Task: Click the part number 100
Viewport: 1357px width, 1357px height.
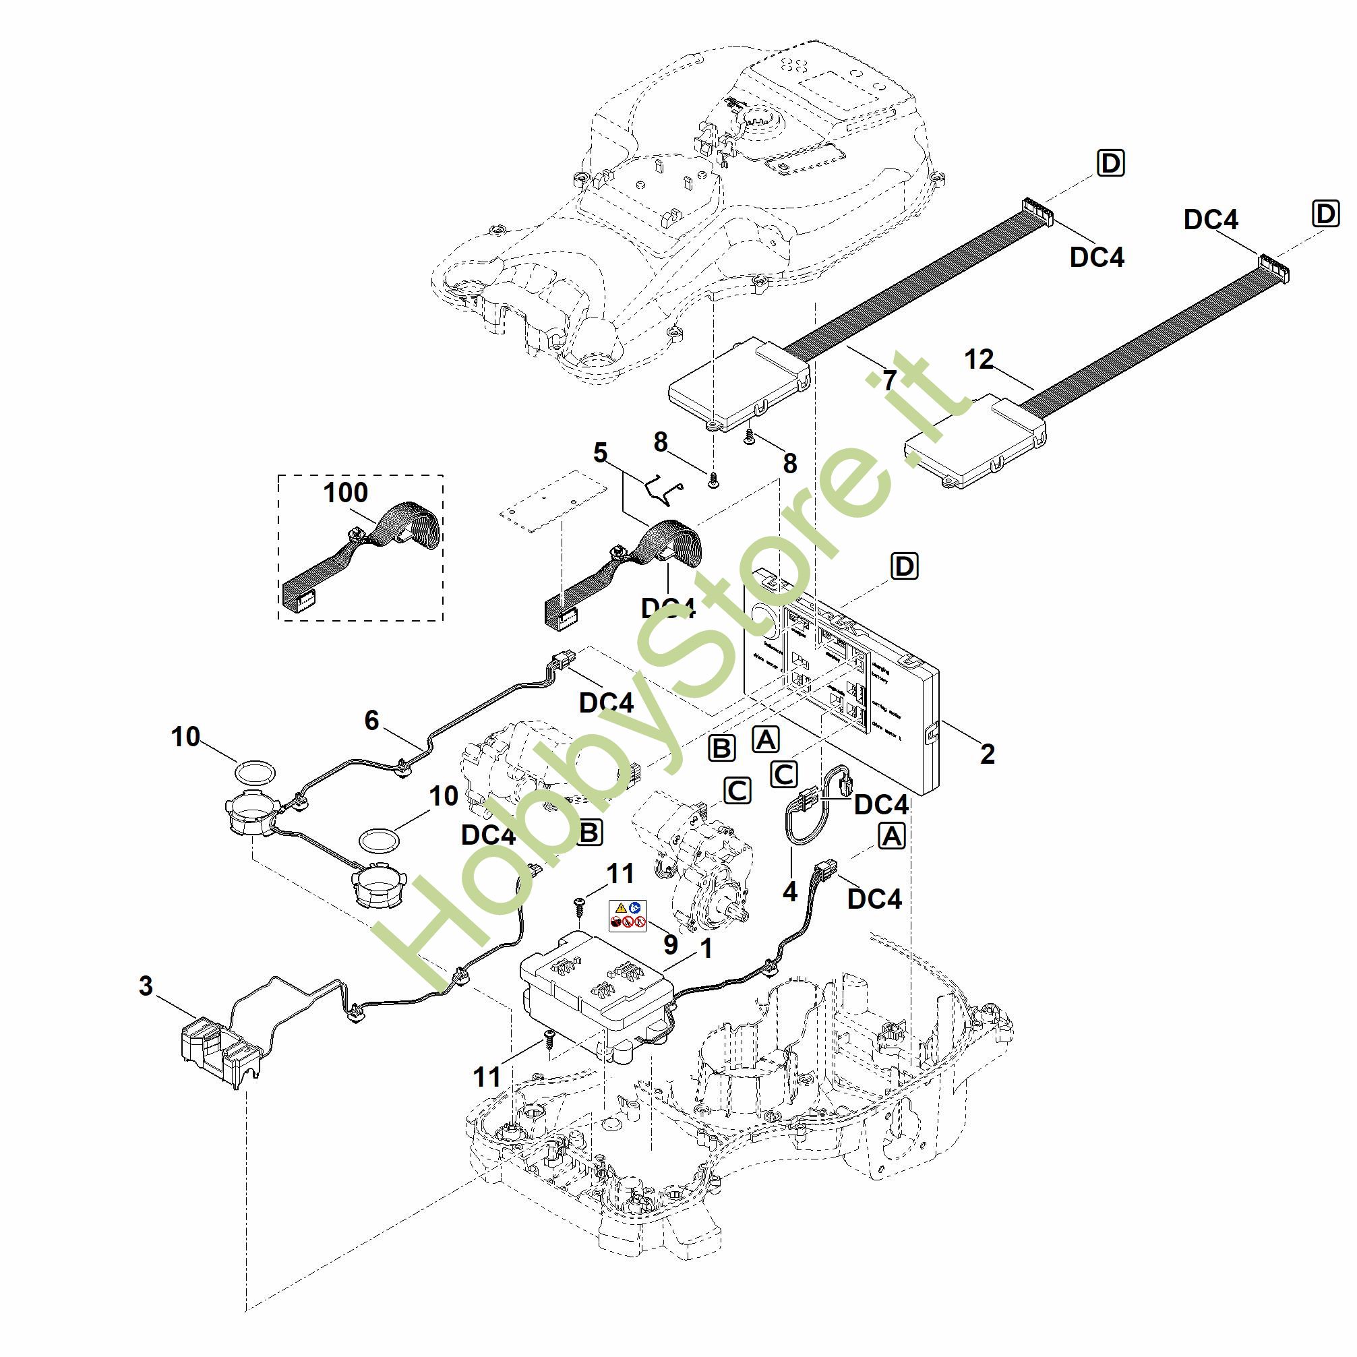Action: click(345, 492)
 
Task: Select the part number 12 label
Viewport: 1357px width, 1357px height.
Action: click(979, 359)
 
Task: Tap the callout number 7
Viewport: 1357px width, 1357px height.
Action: click(890, 380)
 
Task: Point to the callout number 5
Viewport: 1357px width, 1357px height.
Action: click(600, 452)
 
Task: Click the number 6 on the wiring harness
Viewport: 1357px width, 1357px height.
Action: click(371, 720)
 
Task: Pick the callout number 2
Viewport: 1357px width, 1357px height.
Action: click(988, 754)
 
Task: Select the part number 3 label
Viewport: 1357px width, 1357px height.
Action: click(146, 986)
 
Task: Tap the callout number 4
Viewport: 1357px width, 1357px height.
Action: click(790, 891)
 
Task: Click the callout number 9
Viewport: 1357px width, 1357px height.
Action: click(671, 944)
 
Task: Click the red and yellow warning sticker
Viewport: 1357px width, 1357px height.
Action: click(627, 916)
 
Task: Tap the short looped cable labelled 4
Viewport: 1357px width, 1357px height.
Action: click(815, 804)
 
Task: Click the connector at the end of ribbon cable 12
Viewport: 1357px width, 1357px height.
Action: click(1273, 269)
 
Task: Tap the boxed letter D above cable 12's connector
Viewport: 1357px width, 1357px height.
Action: click(1325, 214)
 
